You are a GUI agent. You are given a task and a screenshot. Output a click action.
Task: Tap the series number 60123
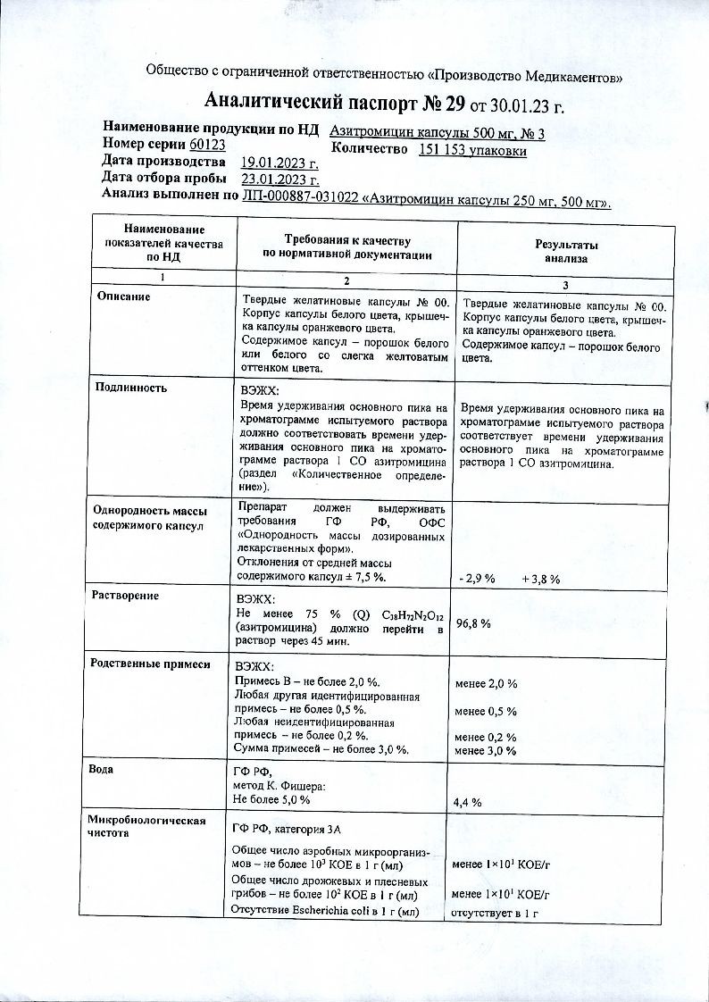click(206, 145)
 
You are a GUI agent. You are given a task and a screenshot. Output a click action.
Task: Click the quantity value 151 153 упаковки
click(472, 151)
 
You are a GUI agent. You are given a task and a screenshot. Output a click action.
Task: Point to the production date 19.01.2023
click(279, 163)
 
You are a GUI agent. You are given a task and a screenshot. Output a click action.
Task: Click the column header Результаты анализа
click(566, 251)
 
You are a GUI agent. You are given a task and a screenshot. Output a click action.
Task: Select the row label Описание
click(123, 296)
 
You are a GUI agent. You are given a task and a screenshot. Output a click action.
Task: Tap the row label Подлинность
click(130, 388)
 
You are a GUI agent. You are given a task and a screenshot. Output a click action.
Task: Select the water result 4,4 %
click(468, 802)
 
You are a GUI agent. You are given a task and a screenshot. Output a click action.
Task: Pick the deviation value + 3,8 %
click(540, 580)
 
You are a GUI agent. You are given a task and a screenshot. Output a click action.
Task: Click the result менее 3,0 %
click(486, 751)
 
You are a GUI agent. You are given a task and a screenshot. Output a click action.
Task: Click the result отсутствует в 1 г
click(496, 913)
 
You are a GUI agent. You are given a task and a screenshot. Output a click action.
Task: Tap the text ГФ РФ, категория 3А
click(288, 829)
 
